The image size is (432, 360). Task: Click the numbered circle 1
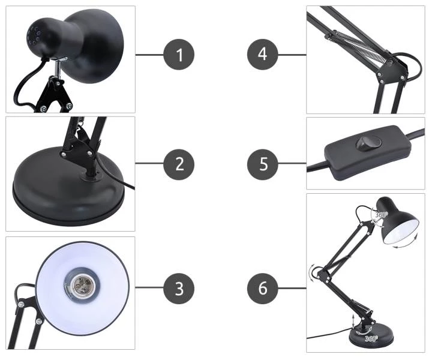[x=179, y=54]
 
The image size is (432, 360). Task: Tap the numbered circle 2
[x=179, y=164]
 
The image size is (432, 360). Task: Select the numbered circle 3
[x=179, y=289]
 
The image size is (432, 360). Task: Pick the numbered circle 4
[x=263, y=54]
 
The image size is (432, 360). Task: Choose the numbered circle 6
[x=263, y=289]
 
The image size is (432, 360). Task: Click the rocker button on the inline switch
[x=368, y=143]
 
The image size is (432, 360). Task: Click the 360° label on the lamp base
[x=371, y=338]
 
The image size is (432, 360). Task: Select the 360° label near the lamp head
[x=382, y=214]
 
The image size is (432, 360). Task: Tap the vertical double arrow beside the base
[x=353, y=322]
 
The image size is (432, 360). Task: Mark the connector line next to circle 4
[x=292, y=55]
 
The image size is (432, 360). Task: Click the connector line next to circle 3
[x=149, y=287]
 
